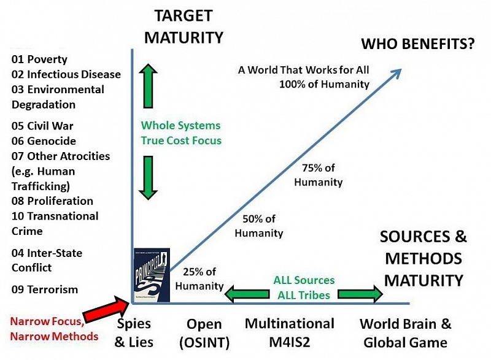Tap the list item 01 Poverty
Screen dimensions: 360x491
click(x=40, y=59)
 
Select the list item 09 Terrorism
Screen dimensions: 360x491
click(x=44, y=289)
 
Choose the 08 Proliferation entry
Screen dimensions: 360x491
click(x=53, y=201)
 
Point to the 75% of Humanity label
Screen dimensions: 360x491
click(x=318, y=175)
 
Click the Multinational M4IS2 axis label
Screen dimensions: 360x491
click(x=290, y=332)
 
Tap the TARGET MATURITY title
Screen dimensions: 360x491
click(x=184, y=26)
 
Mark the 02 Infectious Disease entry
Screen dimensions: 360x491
click(x=66, y=74)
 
